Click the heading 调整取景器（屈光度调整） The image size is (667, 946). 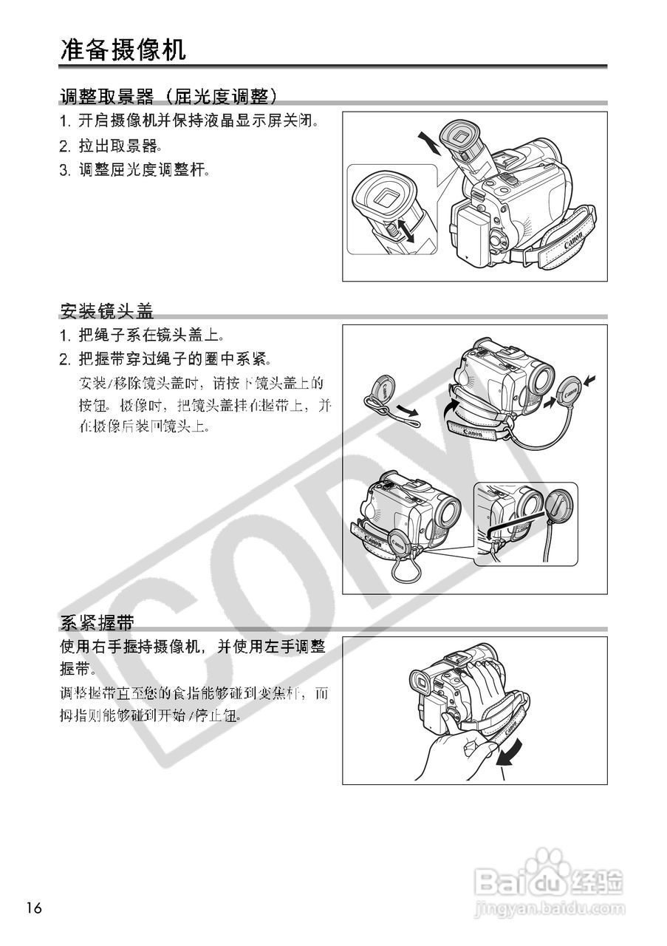click(x=170, y=96)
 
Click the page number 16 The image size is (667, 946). click(x=34, y=908)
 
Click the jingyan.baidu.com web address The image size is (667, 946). click(x=547, y=907)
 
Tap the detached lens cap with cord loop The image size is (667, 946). click(x=384, y=389)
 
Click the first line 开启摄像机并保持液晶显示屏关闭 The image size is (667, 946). click(x=189, y=120)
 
